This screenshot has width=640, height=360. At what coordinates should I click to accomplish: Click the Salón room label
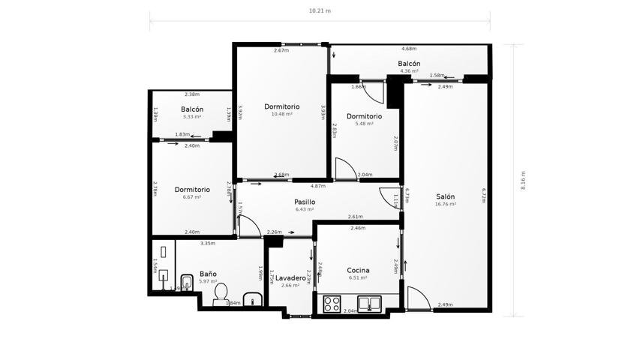click(x=445, y=196)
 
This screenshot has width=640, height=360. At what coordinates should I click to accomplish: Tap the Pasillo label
click(x=304, y=202)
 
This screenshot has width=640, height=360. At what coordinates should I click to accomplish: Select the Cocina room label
click(x=357, y=270)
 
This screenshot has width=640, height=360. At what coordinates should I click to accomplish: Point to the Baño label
click(x=208, y=274)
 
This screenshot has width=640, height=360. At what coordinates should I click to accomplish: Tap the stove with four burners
click(x=332, y=304)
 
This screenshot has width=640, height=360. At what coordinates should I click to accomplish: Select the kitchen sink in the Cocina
click(x=369, y=304)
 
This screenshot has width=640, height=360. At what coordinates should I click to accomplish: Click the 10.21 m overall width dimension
click(x=320, y=11)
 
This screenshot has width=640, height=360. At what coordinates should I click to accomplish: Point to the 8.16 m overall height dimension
click(x=523, y=180)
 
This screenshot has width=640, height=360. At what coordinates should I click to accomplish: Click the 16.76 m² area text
click(x=445, y=204)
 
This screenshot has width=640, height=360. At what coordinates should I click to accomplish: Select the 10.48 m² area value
click(x=281, y=114)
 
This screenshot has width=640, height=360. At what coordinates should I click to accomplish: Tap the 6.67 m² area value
click(x=192, y=197)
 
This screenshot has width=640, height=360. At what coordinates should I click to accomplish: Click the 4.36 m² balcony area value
click(x=409, y=71)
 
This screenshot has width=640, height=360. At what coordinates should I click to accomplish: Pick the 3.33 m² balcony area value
click(x=192, y=117)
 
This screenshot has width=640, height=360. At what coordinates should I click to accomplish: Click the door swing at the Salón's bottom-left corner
click(x=416, y=298)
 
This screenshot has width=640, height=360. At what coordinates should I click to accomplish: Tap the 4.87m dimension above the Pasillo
click(x=317, y=186)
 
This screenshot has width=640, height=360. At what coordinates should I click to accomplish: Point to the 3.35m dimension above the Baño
click(x=208, y=243)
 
